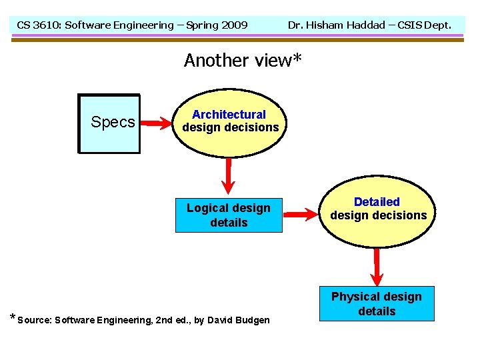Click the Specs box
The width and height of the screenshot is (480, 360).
pyautogui.click(x=109, y=123)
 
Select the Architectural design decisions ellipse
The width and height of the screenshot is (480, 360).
pyautogui.click(x=230, y=121)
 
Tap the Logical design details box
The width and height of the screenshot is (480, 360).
pyautogui.click(x=229, y=215)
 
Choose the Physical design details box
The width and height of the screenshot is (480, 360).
pyautogui.click(x=377, y=304)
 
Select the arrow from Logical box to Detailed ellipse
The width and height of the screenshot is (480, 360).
pyautogui.click(x=301, y=215)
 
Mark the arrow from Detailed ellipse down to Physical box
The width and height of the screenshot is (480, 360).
pyautogui.click(x=377, y=265)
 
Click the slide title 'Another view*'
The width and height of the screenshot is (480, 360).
pyautogui.click(x=243, y=60)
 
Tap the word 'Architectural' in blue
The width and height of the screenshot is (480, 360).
pyautogui.click(x=229, y=115)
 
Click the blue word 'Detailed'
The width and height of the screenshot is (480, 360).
pyautogui.click(x=377, y=201)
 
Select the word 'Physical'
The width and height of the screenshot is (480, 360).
pyautogui.click(x=353, y=297)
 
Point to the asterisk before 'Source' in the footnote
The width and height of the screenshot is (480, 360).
pyautogui.click(x=13, y=317)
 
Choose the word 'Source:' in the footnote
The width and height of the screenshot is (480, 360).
pyautogui.click(x=34, y=320)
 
